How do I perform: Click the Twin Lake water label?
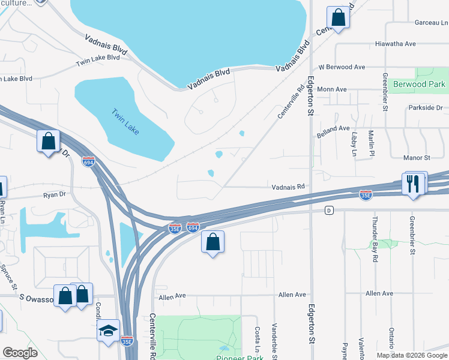click(x=125, y=119)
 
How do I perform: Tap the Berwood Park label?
click(x=419, y=85)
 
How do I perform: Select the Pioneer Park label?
click(x=239, y=358)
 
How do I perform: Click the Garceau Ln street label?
click(x=431, y=22)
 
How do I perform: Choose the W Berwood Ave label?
click(x=342, y=67)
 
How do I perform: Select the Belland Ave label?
click(x=333, y=128)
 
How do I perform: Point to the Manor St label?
click(x=419, y=158)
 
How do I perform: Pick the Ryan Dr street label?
click(x=54, y=195)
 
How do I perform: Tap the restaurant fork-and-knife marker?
click(x=414, y=184)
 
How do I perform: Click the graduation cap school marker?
click(x=109, y=331)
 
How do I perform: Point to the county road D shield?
click(x=328, y=210)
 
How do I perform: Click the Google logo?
click(x=20, y=353)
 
